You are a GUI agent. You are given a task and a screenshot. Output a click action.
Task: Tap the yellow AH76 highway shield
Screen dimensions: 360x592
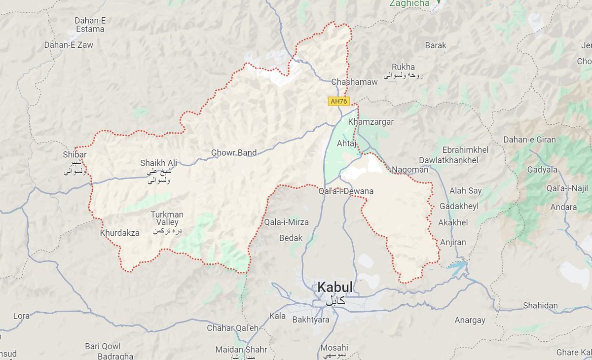pos(339,101)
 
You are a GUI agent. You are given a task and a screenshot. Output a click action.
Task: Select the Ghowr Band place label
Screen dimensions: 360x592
pos(234,153)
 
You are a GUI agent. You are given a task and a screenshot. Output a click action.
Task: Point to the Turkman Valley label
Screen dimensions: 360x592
pos(167,218)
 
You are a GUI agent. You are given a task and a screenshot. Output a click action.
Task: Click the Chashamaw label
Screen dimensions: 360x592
pos(355,82)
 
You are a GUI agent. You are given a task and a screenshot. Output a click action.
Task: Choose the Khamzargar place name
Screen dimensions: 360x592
pos(370,122)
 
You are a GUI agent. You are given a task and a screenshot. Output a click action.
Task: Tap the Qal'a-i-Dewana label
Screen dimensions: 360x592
pos(346,191)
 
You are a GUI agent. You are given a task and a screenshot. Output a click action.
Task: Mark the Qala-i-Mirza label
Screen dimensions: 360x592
pos(287,222)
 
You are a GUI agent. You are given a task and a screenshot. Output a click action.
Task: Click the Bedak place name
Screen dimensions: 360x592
pos(291,238)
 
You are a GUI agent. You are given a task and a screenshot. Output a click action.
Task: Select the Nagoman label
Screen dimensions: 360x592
pos(410,170)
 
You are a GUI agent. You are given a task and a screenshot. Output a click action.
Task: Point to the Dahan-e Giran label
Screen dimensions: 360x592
pos(529,140)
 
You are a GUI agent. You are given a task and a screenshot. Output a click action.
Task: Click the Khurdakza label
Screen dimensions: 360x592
pos(120,233)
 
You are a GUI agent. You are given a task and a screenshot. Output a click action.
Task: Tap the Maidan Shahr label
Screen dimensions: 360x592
pos(241,350)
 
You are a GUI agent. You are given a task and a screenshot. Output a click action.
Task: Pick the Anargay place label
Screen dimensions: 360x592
pos(470,321)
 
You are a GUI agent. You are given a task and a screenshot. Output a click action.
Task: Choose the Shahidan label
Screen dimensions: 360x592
pos(540,306)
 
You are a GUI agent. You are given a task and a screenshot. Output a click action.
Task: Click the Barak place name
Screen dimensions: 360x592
pos(436,45)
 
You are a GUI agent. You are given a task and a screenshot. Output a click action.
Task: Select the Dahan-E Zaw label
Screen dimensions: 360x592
pos(69,45)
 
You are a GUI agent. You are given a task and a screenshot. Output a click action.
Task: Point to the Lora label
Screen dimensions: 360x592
pos(21,316)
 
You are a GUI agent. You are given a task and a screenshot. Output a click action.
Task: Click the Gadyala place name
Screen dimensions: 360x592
pos(542,170)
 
